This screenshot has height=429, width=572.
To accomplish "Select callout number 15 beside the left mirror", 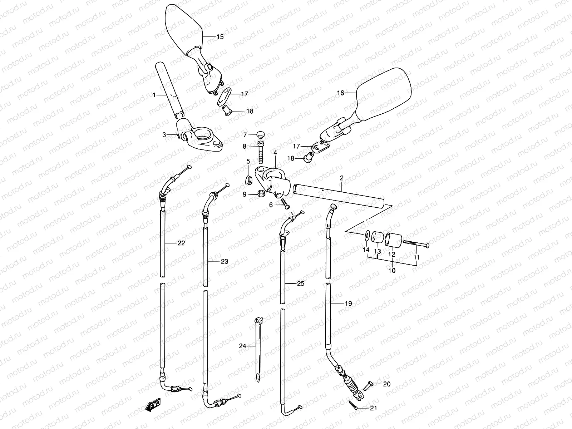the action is (x=220, y=37).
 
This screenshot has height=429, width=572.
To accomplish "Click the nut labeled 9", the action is (x=261, y=194).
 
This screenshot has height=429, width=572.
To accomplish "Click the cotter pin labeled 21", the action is (x=353, y=405).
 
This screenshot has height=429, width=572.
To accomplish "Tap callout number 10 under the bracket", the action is (x=392, y=271).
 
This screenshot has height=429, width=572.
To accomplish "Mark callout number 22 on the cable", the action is (x=181, y=243).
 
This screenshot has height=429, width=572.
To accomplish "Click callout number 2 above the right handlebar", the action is (x=341, y=178).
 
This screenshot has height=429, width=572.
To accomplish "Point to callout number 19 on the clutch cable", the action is (x=348, y=304).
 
